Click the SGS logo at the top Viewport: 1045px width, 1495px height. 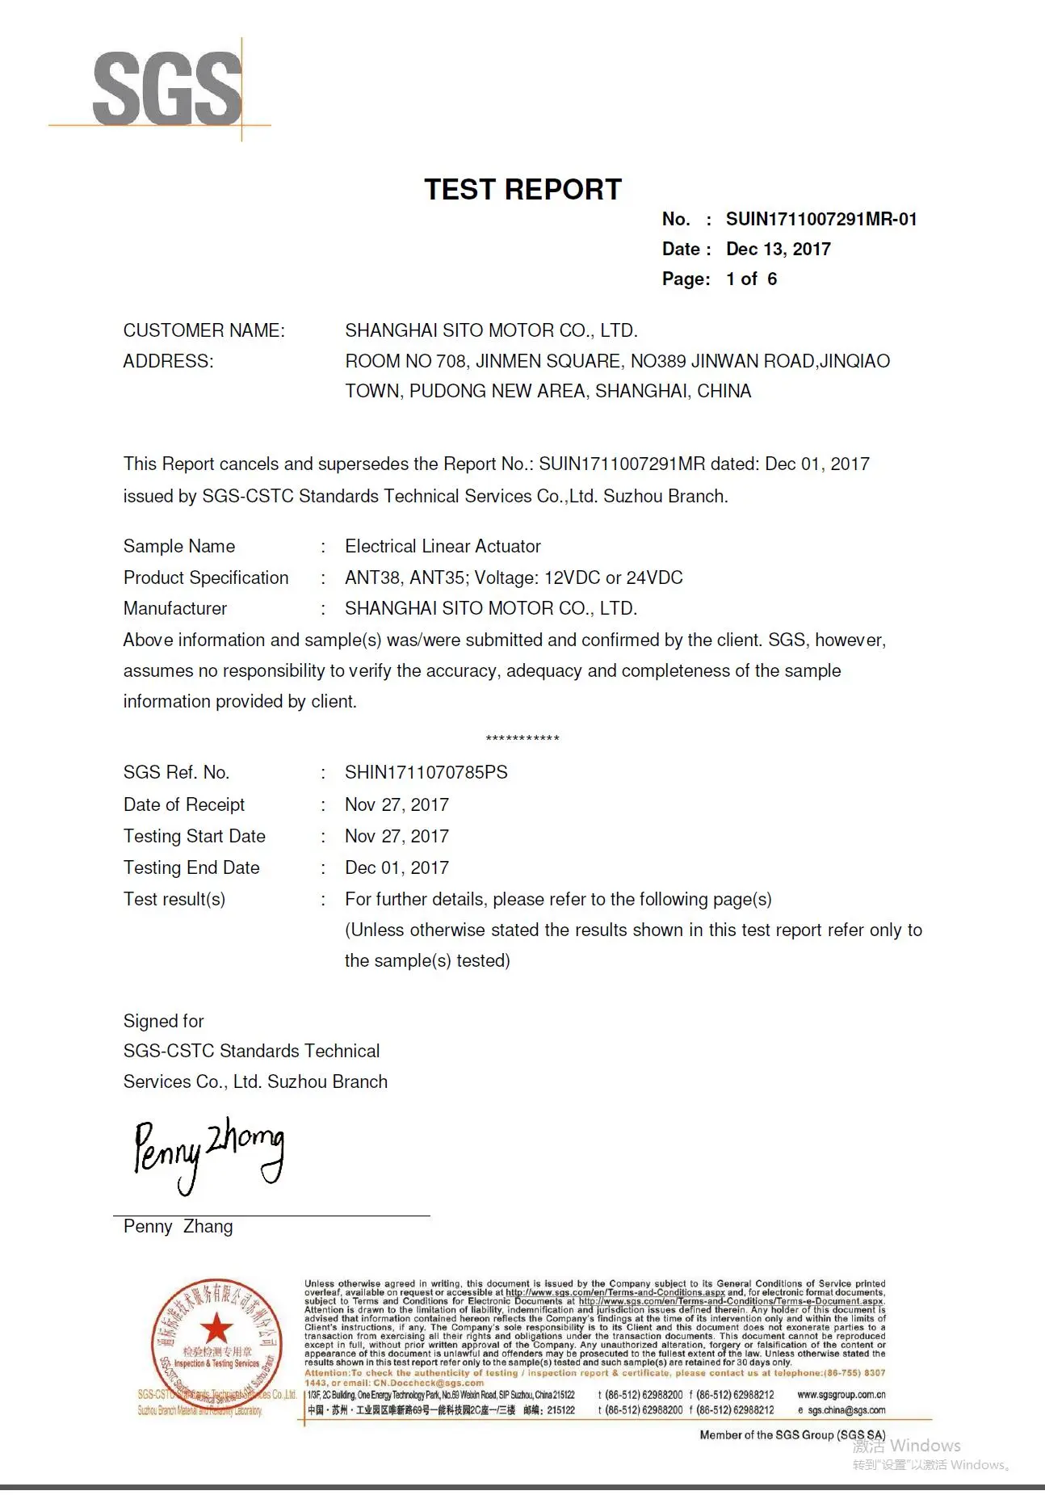pos(167,89)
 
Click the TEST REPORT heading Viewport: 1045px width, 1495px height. pos(522,190)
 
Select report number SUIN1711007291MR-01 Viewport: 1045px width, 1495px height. pos(820,220)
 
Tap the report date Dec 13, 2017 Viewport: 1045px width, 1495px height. pos(778,250)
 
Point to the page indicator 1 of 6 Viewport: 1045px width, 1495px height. pos(751,279)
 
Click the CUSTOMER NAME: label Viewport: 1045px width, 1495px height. pos(204,331)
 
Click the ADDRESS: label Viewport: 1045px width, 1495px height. pos(168,362)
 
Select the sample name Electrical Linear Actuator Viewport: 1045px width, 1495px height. pos(443,547)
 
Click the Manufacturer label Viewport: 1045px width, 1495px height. pos(175,609)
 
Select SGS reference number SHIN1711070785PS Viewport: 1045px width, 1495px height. pos(426,773)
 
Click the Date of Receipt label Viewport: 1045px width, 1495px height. pos(184,805)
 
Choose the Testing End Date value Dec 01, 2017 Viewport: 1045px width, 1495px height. pos(397,868)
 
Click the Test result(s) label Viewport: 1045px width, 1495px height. pos(174,900)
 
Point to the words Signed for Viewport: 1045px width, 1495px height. pos(163,1022)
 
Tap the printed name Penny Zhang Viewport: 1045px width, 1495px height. pos(178,1227)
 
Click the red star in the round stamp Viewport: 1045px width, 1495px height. pos(216,1328)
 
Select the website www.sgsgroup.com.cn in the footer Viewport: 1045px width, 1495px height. pos(841,1395)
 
